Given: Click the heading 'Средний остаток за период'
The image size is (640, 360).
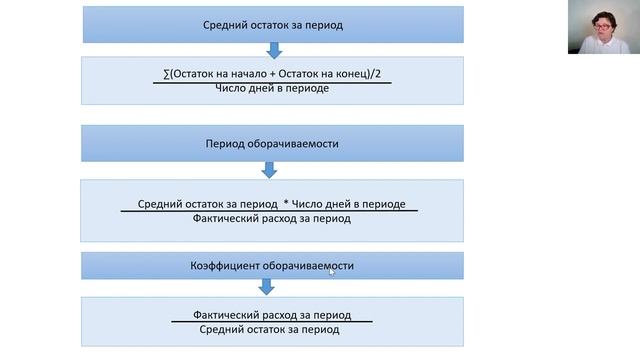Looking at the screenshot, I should [x=272, y=23].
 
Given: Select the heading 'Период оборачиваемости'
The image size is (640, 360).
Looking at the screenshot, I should [x=272, y=144].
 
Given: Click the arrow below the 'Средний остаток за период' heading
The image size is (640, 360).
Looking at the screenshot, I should [x=272, y=49].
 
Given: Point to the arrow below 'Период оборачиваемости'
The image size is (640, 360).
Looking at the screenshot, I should [x=272, y=170].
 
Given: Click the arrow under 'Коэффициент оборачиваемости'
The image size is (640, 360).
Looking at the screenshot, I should [x=266, y=287].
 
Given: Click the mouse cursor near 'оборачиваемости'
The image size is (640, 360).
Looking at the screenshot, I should [x=331, y=271].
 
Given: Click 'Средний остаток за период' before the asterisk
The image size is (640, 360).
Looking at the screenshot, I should [x=208, y=204].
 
